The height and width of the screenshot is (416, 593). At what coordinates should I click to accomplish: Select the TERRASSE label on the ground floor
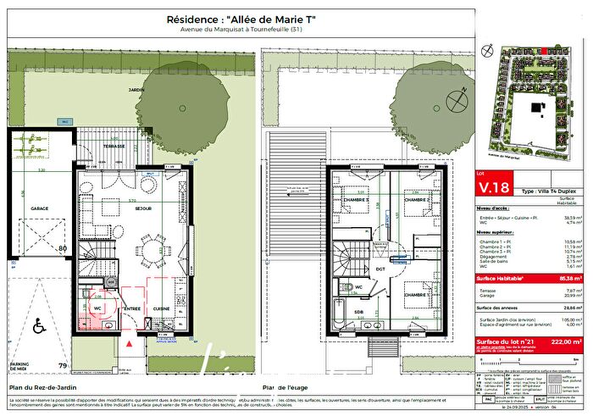point(114,146)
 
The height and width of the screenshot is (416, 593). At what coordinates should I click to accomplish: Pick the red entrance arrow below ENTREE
point(128,345)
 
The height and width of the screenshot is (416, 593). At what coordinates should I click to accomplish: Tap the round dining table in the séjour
point(152,249)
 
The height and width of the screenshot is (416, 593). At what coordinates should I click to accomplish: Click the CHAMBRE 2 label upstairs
point(418,200)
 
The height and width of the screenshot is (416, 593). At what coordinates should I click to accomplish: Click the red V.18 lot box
point(496,187)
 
